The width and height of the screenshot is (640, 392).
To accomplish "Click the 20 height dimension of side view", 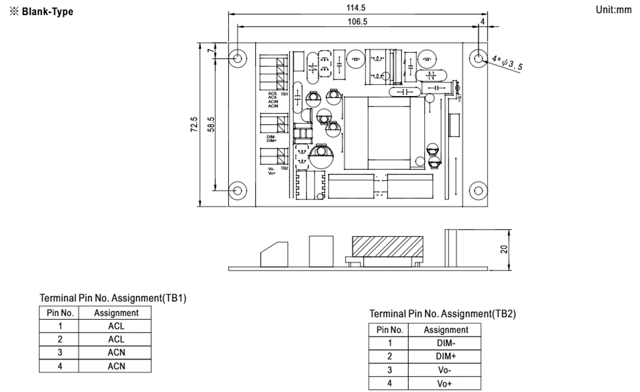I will pos(505,250).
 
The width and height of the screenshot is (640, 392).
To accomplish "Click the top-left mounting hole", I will pos(238,58).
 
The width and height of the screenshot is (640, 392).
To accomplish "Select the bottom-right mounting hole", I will pos(479,191).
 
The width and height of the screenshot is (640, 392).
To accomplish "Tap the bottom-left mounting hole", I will pos(238,191).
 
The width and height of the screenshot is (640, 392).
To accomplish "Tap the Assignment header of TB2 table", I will pos(446,329).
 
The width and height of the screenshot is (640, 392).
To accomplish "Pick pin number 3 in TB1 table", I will pos(60,352).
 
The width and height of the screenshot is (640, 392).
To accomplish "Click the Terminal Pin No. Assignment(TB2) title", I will pos(442,313).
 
